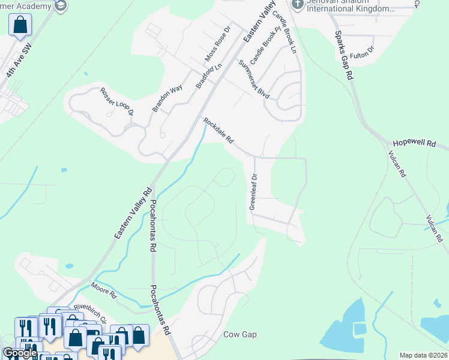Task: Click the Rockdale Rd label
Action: click(218, 131)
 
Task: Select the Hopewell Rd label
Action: click(414, 143)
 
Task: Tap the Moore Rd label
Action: click(104, 290)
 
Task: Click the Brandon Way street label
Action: click(159, 98)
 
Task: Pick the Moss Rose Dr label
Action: click(217, 44)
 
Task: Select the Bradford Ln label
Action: click(205, 77)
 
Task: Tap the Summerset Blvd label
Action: click(254, 79)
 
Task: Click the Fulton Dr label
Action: click(362, 52)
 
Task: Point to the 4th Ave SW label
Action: click(17, 61)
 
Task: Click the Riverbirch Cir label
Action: click(90, 313)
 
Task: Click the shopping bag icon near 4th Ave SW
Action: click(20, 25)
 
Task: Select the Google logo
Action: click(19, 353)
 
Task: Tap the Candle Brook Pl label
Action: click(266, 46)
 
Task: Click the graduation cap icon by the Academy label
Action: click(61, 5)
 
